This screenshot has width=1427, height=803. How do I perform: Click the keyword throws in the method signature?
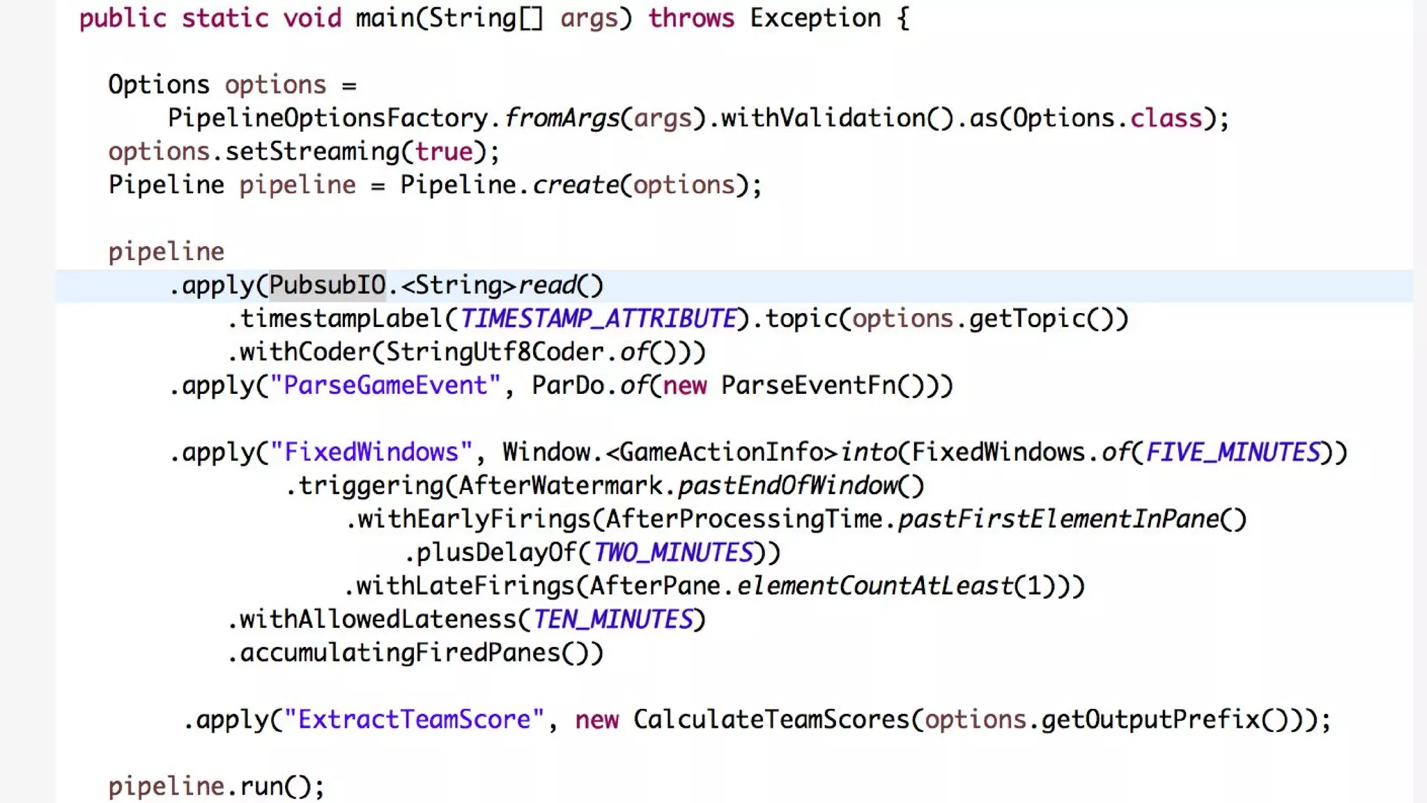coord(691,18)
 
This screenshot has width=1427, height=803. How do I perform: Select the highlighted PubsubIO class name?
coord(327,285)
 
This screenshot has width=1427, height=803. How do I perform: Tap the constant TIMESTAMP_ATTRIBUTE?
coord(598,319)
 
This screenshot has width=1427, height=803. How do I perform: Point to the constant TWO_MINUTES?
coord(673,553)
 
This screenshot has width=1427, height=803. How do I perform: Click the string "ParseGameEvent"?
coord(385,385)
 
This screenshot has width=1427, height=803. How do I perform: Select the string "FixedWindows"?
coord(371,452)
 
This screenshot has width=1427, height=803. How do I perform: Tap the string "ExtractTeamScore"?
coord(414,719)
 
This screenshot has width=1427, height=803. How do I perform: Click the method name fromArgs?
coord(562,118)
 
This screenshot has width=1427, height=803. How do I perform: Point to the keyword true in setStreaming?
coord(444,152)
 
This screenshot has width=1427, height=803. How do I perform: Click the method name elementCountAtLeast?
coord(874,586)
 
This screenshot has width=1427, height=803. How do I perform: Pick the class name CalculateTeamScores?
coord(771,719)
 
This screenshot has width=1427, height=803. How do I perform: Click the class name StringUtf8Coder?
coord(495,352)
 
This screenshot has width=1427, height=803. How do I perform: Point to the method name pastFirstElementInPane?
coord(1058,519)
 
